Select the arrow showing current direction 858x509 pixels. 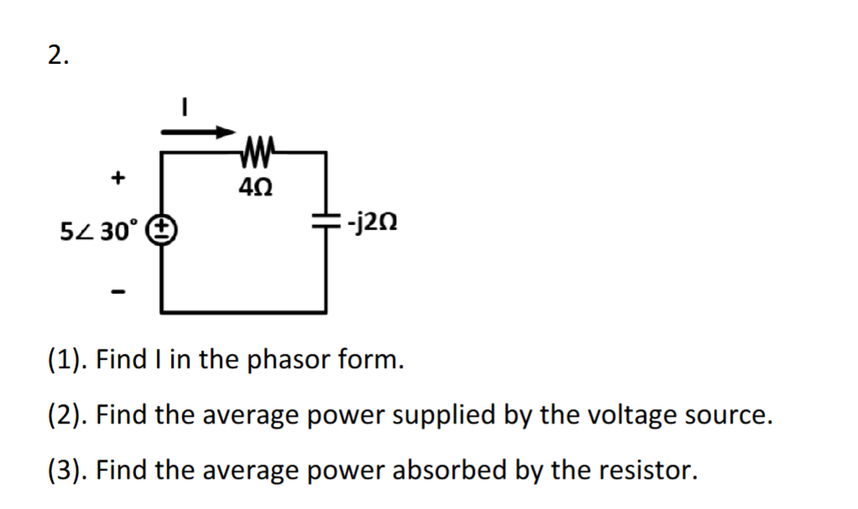tap(198, 132)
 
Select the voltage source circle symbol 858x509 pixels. tap(161, 229)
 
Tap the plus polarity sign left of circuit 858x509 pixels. tap(119, 177)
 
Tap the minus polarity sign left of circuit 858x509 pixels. tap(119, 293)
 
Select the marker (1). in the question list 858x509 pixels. tap(67, 361)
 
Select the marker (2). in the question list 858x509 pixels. tap(67, 416)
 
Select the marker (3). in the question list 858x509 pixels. tap(67, 470)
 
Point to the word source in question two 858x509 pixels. tap(727, 416)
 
